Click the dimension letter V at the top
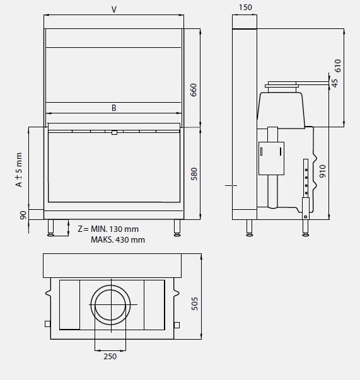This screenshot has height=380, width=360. pyautogui.click(x=113, y=9)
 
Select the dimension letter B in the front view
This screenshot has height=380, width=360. pyautogui.click(x=113, y=108)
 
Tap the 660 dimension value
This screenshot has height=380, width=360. pyautogui.click(x=194, y=90)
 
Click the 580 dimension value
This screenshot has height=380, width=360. pyautogui.click(x=194, y=173)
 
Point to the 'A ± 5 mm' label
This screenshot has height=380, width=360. pyautogui.click(x=19, y=170)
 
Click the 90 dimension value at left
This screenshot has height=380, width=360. pyautogui.click(x=23, y=215)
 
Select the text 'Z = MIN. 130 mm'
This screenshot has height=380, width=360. pyautogui.click(x=107, y=229)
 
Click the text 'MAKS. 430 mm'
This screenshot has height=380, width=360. pyautogui.click(x=117, y=239)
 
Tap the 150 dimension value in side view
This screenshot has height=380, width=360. pyautogui.click(x=245, y=8)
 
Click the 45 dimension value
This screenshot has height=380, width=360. pyautogui.click(x=335, y=83)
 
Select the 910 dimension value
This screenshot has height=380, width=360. pyautogui.click(x=322, y=172)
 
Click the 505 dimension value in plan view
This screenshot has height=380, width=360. pyautogui.click(x=194, y=304)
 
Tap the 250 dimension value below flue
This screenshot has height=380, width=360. pyautogui.click(x=110, y=356)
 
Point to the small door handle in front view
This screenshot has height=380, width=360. pyautogui.click(x=113, y=132)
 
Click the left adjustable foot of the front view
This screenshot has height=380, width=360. pyautogui.click(x=51, y=228)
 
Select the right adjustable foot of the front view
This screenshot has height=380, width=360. pyautogui.click(x=177, y=228)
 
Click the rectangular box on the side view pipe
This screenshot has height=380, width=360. pyautogui.click(x=271, y=157)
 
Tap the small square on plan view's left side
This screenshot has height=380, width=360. pyautogui.click(x=47, y=324)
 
